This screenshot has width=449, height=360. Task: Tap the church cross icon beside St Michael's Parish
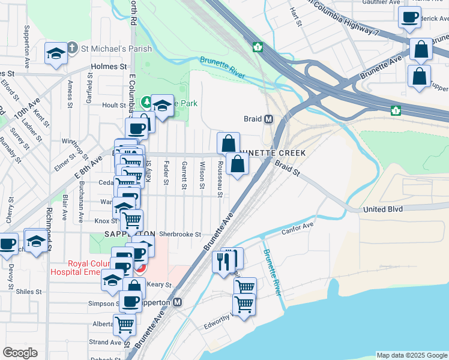(x=71, y=47)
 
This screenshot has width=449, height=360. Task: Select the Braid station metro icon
(x=269, y=119)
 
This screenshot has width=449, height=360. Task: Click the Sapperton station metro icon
(x=177, y=302)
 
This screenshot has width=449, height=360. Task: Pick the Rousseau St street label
(x=220, y=179)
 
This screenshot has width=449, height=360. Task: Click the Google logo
(x=20, y=353)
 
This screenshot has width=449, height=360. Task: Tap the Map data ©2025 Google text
(x=411, y=355)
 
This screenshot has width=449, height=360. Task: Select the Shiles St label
(x=29, y=292)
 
